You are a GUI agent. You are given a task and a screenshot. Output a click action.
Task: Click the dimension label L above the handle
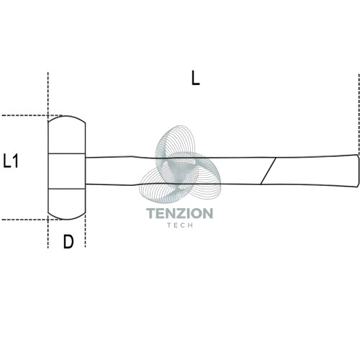pos(196,78)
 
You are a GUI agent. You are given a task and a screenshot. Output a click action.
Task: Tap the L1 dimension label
pos(11,161)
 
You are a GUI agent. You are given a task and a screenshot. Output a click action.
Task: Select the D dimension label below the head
pos(68,241)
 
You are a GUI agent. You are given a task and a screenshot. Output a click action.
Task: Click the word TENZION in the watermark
pos(179,213)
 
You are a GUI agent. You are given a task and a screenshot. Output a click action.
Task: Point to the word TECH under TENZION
pos(180,225)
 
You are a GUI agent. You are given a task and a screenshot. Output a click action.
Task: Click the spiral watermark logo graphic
pos(180,164)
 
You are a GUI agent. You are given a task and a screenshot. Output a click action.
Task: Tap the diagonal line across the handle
pos(269,171)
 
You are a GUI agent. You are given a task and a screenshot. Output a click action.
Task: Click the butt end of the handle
pos(359,170)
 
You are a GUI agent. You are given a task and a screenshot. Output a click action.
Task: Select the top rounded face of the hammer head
pos(67,135)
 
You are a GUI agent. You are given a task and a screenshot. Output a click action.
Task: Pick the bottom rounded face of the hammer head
pos(67,204)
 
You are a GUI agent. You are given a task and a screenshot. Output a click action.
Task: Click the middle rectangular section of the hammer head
pos(67,171)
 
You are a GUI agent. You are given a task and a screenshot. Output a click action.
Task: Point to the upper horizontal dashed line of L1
pos(32,115)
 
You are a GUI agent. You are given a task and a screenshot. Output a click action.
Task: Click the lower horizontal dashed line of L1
pos(32,220)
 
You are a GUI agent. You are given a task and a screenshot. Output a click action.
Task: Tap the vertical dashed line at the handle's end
pos(359,114)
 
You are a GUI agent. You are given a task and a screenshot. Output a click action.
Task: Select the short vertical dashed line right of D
pos(86,231)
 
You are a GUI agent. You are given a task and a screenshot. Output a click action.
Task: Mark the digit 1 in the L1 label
pos(15,161)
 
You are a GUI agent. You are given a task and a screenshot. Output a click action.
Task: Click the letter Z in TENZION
pos(180,213)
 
